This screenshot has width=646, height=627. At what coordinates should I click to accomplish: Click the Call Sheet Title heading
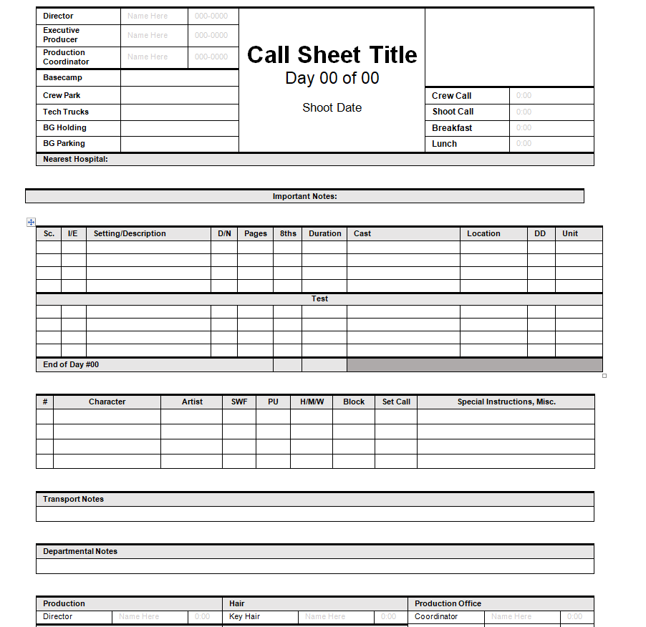point(332,55)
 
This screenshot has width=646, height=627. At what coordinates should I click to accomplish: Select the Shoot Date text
point(332,108)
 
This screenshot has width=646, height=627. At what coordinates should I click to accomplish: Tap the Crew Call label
point(451,96)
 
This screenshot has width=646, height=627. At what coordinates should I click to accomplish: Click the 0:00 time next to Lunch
point(524,144)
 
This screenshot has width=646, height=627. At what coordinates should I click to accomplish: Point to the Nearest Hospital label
point(75,159)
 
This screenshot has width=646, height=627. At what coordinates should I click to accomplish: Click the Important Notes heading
point(304,196)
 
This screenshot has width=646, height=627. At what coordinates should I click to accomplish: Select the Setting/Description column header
point(130,233)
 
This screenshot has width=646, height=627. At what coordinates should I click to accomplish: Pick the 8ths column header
point(288,233)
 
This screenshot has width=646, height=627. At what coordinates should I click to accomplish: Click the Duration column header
point(324,233)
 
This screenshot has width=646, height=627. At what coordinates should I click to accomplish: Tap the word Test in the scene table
point(319,298)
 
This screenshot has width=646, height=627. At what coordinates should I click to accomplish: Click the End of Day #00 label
point(71,364)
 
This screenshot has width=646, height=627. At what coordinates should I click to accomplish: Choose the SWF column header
point(239,402)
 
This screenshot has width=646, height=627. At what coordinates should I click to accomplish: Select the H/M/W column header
point(312,402)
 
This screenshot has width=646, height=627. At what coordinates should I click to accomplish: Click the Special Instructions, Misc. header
point(506,402)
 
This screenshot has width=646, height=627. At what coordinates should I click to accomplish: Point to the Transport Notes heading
point(73,499)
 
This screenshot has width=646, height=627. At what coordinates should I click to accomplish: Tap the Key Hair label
point(244,616)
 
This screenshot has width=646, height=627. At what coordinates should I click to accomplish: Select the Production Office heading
point(448,603)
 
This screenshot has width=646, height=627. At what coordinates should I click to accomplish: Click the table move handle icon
point(31,223)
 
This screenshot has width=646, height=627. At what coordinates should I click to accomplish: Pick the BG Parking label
point(64,143)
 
